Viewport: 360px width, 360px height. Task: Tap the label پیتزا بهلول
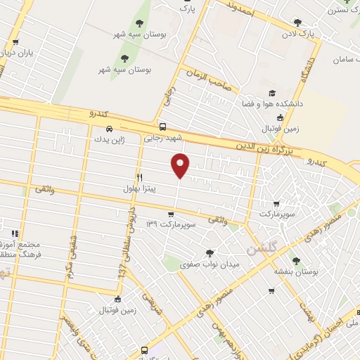(160, 188)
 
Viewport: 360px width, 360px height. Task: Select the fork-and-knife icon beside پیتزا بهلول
(140, 177)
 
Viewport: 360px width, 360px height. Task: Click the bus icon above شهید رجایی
(163, 127)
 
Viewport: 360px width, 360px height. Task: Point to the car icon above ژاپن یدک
(109, 129)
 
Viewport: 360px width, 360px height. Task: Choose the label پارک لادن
(298, 33)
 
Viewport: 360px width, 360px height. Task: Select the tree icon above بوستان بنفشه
(304, 259)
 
